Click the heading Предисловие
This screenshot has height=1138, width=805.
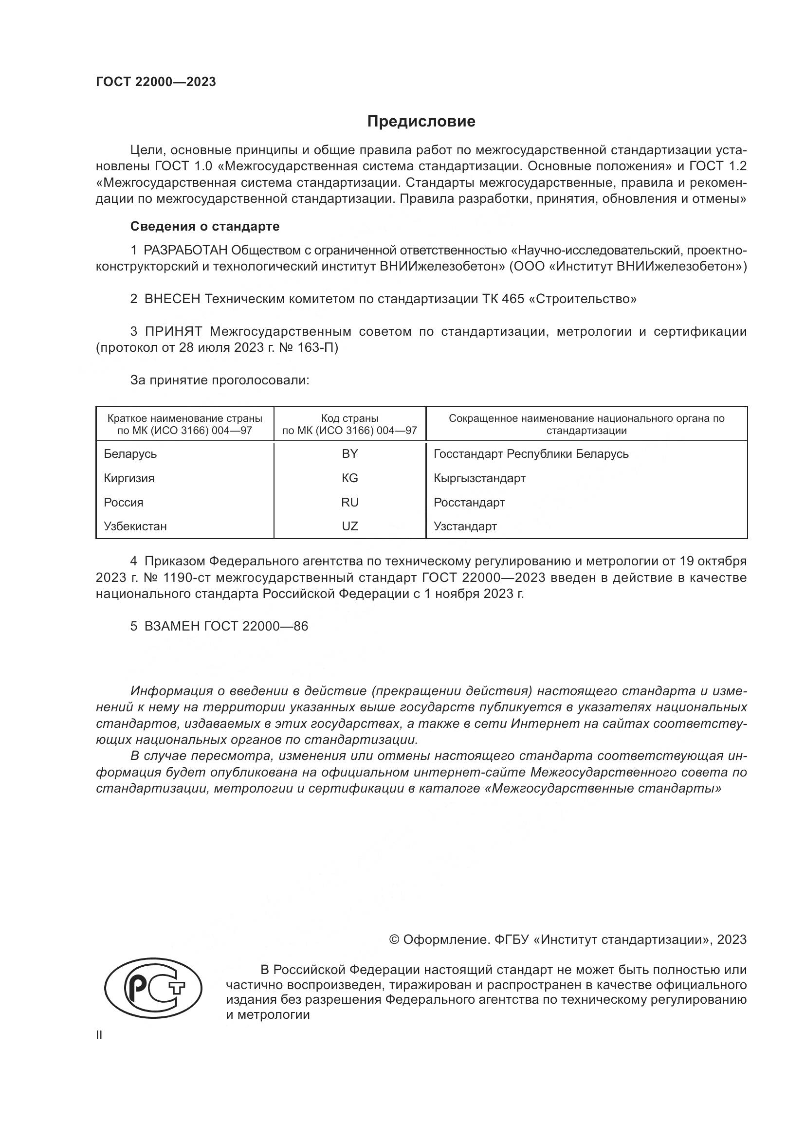point(421,122)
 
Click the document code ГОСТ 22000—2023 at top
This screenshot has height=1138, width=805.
point(156,82)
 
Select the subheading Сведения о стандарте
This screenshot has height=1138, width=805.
point(205,227)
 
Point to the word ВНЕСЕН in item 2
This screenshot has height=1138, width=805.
point(172,299)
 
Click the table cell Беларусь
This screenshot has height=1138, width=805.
point(130,454)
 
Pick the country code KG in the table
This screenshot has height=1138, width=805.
point(349,478)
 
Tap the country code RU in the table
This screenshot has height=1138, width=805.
point(349,503)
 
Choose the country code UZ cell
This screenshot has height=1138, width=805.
point(349,526)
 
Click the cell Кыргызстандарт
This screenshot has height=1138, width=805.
point(479,478)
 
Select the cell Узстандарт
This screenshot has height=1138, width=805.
point(465,526)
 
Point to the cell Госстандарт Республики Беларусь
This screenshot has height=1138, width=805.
point(531,454)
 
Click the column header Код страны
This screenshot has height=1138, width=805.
point(349,418)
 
